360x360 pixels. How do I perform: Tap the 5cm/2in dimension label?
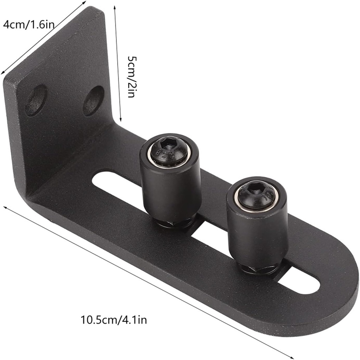pos(131,76)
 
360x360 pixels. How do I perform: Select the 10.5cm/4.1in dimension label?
pos(114,320)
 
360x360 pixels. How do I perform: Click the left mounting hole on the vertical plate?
pos(36,100)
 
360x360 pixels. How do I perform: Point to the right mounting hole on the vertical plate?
pos(93,101)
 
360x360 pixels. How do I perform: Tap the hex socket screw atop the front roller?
pos(256,195)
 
